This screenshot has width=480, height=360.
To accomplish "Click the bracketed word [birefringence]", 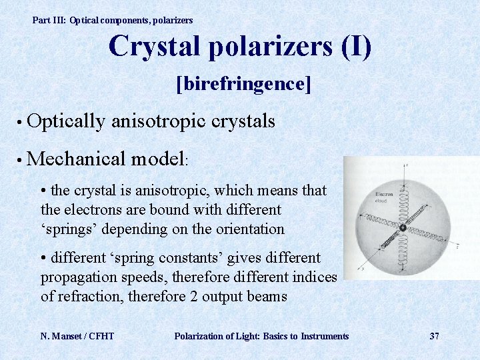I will pyautogui.click(x=243, y=85).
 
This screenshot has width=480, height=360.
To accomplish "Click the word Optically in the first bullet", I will pyautogui.click(x=67, y=121).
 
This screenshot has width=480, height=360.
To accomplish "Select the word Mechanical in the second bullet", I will pyautogui.click(x=78, y=159).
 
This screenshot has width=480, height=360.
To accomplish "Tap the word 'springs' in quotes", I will pyautogui.click(x=66, y=229).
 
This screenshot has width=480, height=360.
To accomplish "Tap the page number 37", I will pyautogui.click(x=434, y=336).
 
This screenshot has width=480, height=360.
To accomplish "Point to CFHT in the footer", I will pyautogui.click(x=101, y=336).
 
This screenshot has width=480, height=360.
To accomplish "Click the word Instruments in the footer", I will pyautogui.click(x=325, y=336).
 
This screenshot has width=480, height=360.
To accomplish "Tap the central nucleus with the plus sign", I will pyautogui.click(x=403, y=228).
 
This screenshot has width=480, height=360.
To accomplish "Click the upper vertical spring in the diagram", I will pyautogui.click(x=403, y=200).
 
